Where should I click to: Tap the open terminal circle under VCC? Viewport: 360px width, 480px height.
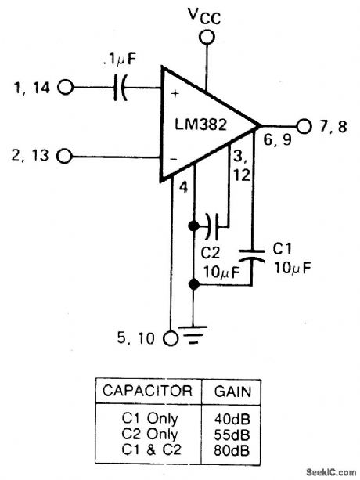207,37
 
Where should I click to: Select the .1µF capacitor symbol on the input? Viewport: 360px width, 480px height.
119,89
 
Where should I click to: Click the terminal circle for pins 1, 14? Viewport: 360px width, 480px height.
65,89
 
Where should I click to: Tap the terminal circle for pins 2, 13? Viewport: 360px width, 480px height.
65,156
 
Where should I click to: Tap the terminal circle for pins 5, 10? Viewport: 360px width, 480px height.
170,338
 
